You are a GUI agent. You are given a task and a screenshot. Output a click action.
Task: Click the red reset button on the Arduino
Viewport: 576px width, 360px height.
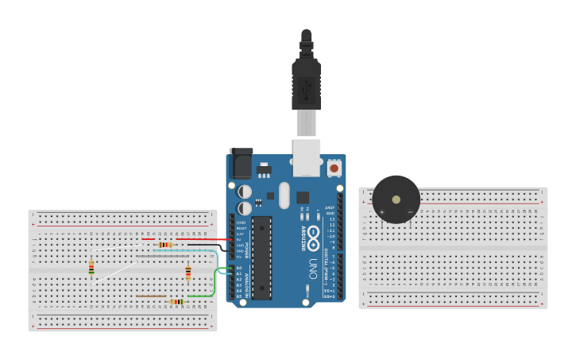click(334, 168)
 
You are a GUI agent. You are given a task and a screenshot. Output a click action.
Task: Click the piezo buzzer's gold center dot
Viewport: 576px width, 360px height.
click(396, 199)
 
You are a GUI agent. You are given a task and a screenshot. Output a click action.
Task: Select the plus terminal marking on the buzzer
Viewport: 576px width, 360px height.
click(381, 212)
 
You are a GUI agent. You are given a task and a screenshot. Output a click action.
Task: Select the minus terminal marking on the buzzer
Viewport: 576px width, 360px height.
click(410, 212)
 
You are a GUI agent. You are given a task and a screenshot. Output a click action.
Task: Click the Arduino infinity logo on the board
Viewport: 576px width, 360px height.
click(313, 237)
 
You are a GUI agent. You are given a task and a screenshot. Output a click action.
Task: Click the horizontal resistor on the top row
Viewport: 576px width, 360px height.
click(165, 245)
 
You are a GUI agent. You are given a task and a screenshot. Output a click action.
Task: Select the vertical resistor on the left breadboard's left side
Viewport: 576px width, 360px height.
click(91, 268)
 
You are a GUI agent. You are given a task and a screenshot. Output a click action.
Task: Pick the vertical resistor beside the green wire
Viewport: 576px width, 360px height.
click(188, 273)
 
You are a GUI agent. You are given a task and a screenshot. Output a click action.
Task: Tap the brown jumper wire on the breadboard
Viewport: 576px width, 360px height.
click(151, 296)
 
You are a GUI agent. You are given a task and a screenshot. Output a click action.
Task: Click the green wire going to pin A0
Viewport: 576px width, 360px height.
click(215, 282)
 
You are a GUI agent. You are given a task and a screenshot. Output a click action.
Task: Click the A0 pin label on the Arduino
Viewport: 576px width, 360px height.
click(239, 269)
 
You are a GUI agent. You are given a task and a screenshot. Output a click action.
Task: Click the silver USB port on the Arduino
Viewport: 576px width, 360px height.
click(306, 157)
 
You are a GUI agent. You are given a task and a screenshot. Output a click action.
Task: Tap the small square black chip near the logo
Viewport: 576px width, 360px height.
click(303, 197)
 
